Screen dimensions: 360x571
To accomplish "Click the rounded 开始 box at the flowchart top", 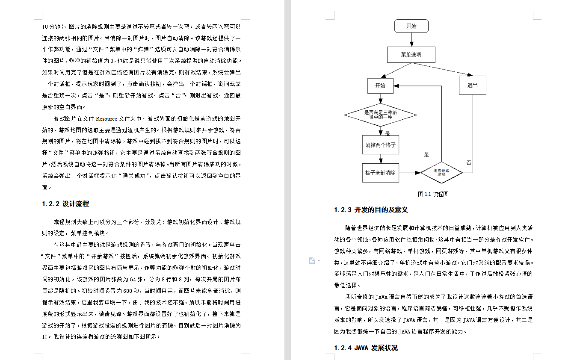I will [x=411, y=26].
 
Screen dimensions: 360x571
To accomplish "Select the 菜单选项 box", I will [x=411, y=55].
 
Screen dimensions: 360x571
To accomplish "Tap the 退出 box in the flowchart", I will [x=473, y=85].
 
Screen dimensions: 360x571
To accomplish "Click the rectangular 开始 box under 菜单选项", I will [x=380, y=86].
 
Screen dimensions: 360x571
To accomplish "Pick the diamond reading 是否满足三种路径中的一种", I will [x=380, y=115].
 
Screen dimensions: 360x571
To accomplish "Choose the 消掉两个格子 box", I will [x=380, y=145].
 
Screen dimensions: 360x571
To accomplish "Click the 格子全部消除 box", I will [x=380, y=173].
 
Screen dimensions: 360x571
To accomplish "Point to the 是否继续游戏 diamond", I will [x=441, y=173].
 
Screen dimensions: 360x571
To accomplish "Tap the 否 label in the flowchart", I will [x=469, y=163].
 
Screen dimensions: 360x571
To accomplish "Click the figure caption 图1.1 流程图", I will [x=433, y=194].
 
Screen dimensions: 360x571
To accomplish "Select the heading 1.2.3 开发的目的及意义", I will [x=371, y=210].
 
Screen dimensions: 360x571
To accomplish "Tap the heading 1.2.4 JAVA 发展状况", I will [x=366, y=348].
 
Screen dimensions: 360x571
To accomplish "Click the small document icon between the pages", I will [x=312, y=261].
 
